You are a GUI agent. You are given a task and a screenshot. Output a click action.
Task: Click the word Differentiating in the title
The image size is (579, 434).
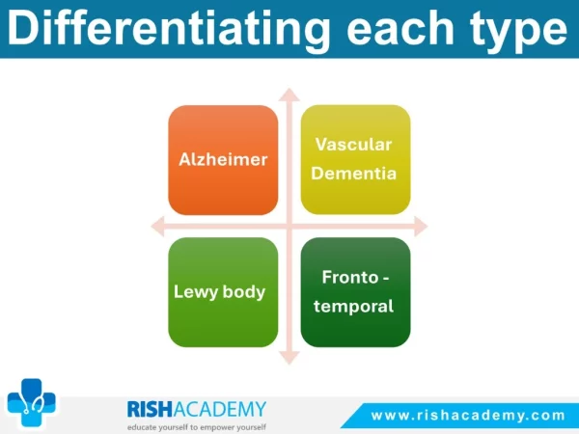pyautogui.click(x=168, y=30)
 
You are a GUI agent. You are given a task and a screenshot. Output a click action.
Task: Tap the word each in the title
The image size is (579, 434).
pyautogui.click(x=400, y=29)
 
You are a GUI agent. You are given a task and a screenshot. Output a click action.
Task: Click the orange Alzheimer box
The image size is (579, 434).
pyautogui.click(x=223, y=160)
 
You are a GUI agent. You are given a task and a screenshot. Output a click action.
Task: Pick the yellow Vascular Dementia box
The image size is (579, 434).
pyautogui.click(x=355, y=159)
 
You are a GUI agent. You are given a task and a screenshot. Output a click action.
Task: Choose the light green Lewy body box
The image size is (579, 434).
pyautogui.click(x=223, y=292)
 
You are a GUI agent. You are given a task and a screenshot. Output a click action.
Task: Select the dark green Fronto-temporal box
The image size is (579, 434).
pyautogui.click(x=355, y=292)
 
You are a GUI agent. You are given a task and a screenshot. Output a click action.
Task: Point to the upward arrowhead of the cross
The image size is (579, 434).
pyautogui.click(x=289, y=95)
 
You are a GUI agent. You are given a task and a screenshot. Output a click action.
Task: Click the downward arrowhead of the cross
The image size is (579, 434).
pyautogui.click(x=289, y=358)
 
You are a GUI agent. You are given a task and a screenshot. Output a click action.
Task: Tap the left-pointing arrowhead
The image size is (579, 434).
pyautogui.click(x=157, y=226)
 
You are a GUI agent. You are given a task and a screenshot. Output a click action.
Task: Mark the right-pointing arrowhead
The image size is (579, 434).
pyautogui.click(x=421, y=226)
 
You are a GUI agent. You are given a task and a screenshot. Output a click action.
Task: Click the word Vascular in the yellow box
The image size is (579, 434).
pyautogui.click(x=353, y=145)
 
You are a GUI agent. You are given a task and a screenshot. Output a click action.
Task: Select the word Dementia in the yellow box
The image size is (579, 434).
pyautogui.click(x=354, y=174)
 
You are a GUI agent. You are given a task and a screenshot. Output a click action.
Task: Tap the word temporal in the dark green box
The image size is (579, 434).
pyautogui.click(x=353, y=307)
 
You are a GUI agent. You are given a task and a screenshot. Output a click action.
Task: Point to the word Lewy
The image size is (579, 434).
pyautogui.click(x=196, y=292)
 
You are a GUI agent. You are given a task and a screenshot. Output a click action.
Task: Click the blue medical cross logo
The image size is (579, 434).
pyautogui.click(x=32, y=402)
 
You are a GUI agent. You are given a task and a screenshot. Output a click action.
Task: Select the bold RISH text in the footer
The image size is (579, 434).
pyautogui.click(x=150, y=409)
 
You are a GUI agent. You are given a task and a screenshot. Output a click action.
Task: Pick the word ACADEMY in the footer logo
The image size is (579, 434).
pyautogui.click(x=220, y=409)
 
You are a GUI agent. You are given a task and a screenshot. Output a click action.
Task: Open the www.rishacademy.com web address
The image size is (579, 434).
pyautogui.click(x=468, y=416)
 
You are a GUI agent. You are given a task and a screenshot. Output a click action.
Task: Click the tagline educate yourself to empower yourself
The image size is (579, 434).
pyautogui.click(x=197, y=427)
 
